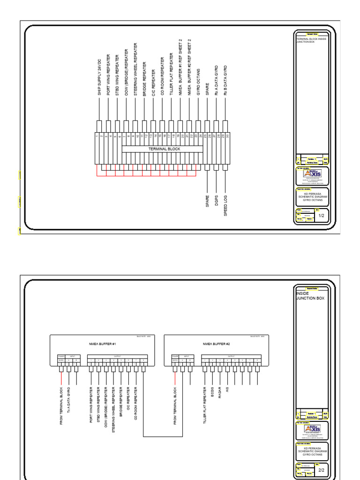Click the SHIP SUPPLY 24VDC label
(x=99, y=78)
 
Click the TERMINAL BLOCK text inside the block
(x=164, y=149)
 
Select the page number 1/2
(x=322, y=216)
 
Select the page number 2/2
(x=322, y=470)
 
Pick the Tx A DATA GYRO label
(x=69, y=399)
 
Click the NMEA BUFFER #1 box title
(x=99, y=344)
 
